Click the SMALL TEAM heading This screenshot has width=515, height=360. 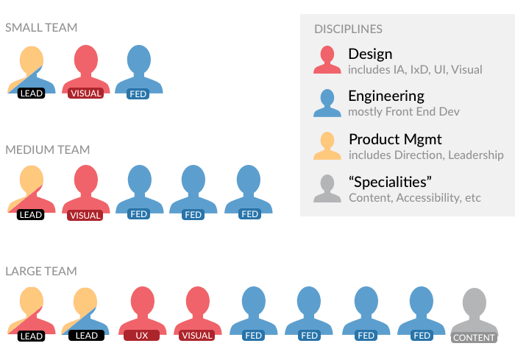(41, 28)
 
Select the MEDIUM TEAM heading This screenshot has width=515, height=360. (48, 150)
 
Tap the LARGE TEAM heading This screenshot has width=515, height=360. (41, 271)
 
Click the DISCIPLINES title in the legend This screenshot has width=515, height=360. (348, 29)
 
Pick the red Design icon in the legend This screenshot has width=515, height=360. (327, 60)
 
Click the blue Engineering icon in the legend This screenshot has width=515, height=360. (327, 103)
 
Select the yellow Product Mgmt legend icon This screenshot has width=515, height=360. (327, 146)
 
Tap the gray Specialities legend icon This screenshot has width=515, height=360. (327, 188)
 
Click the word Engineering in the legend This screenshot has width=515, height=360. (386, 96)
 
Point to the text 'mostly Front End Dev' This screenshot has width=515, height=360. (404, 112)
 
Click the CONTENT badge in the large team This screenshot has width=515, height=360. (474, 338)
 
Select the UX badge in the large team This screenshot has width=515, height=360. (141, 336)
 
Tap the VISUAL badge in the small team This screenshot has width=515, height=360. (86, 93)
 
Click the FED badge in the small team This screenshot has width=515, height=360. (138, 94)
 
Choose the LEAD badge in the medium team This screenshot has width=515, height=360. (31, 215)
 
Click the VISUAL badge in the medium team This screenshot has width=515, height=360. (85, 216)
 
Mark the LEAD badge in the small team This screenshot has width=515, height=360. (31, 93)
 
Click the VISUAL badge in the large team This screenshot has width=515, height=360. (196, 336)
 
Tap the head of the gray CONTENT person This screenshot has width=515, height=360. (475, 302)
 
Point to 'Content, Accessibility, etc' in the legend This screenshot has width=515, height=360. (415, 198)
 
